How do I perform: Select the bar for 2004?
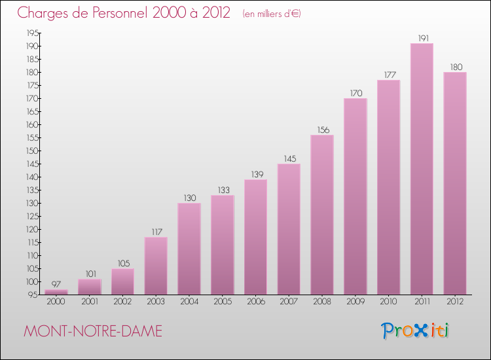click(189, 249)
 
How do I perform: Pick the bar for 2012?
click(455, 183)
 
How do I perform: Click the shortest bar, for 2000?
click(56, 292)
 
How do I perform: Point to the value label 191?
click(422, 38)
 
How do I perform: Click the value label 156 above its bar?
click(322, 130)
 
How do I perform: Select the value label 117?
click(156, 232)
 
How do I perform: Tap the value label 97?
click(56, 284)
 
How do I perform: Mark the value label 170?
click(355, 93)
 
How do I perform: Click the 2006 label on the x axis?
click(255, 302)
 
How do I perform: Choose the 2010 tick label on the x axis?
click(388, 302)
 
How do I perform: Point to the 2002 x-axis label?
click(122, 302)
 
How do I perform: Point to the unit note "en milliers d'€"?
click(272, 14)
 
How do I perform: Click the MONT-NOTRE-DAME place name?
click(92, 331)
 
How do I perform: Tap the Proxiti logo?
click(415, 331)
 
